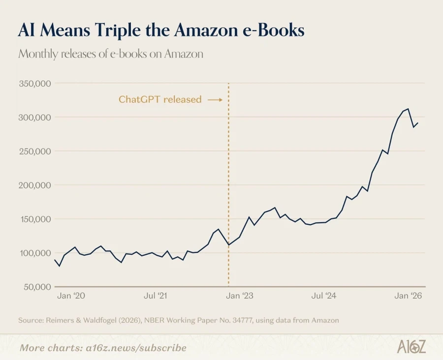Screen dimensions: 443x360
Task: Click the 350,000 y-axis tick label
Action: coord(35,84)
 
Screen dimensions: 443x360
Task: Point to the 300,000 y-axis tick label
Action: coord(35,117)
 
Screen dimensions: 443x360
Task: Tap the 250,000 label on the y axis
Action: coord(35,151)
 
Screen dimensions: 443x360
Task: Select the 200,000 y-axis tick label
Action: coord(35,185)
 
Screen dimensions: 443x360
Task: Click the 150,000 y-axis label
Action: coord(35,219)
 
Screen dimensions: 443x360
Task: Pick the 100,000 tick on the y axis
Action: coord(35,253)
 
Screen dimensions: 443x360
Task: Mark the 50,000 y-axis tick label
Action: coord(37,287)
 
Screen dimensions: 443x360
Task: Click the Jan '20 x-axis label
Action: coord(71,296)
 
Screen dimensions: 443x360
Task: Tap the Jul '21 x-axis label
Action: coord(156,296)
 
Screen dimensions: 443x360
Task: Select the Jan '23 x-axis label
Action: coord(240,296)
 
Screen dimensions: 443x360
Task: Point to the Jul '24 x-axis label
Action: coord(324,296)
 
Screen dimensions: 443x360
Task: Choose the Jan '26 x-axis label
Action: coord(408,296)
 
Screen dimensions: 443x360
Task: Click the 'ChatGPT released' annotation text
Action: coord(160,99)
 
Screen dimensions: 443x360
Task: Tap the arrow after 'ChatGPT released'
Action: coord(215,100)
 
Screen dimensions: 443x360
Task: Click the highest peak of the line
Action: coord(408,109)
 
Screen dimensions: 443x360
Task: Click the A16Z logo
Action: coord(411,347)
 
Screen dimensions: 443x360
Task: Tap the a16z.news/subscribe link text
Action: coord(136,348)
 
